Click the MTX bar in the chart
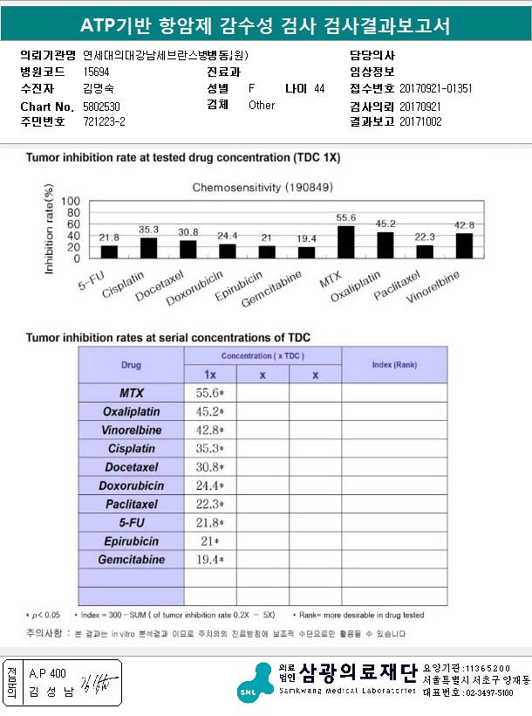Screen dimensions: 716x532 click(345, 242)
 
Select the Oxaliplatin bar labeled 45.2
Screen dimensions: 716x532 click(385, 245)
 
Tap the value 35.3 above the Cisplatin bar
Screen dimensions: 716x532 click(148, 230)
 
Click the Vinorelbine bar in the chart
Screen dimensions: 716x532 click(464, 246)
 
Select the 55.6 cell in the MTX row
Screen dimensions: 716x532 click(209, 394)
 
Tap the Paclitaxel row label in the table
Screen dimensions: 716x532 click(131, 504)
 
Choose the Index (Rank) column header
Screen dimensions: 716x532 click(394, 364)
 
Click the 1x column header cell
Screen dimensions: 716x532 click(209, 375)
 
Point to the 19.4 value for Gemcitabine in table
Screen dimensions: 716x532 click(209, 559)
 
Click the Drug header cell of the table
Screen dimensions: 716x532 click(131, 365)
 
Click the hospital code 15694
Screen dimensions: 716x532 click(96, 72)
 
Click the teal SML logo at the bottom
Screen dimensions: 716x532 click(253, 680)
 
